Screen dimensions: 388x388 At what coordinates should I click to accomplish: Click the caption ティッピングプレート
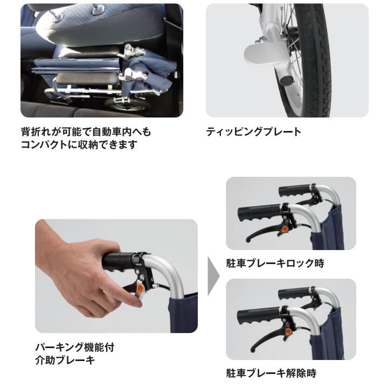[x=253, y=132]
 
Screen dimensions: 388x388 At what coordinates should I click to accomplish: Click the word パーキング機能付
[x=75, y=348]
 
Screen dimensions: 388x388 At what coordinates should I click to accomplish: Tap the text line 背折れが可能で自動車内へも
[x=86, y=131]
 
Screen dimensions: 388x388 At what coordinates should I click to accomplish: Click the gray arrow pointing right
[x=213, y=276]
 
